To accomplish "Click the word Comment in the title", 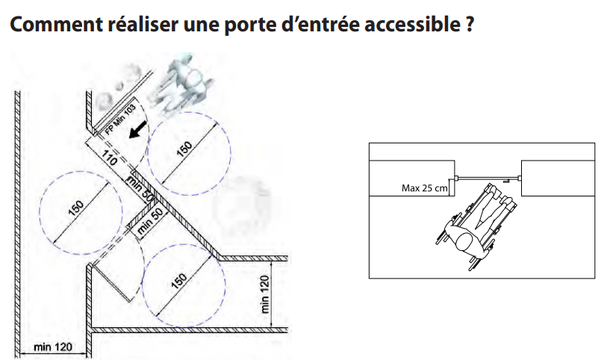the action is tap(56, 24).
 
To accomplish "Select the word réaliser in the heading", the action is tap(142, 23).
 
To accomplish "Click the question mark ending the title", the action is tap(469, 24).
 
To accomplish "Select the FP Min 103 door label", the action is tap(120, 120).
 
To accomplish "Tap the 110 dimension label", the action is tap(109, 158).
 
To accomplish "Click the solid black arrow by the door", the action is tap(138, 129).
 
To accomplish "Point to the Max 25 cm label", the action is tap(424, 188).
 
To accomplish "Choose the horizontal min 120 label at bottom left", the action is tap(53, 347).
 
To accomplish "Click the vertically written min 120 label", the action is tap(264, 294).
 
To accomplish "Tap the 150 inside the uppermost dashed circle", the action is tap(184, 149).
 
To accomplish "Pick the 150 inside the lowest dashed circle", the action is tap(179, 281).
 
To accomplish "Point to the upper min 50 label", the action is tap(140, 188).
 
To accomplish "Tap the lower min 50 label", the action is tap(150, 221).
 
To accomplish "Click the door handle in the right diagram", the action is tap(505, 181).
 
